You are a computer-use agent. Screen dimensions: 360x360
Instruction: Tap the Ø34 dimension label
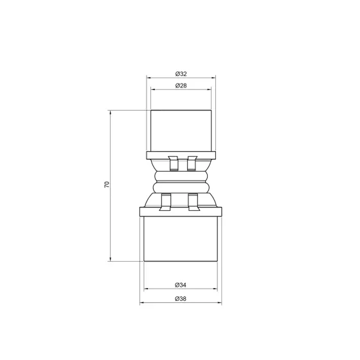pos(180,284)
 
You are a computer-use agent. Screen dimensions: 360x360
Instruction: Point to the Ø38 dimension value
pos(180,298)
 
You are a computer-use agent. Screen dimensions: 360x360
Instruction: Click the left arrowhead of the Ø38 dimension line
pos(141,303)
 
